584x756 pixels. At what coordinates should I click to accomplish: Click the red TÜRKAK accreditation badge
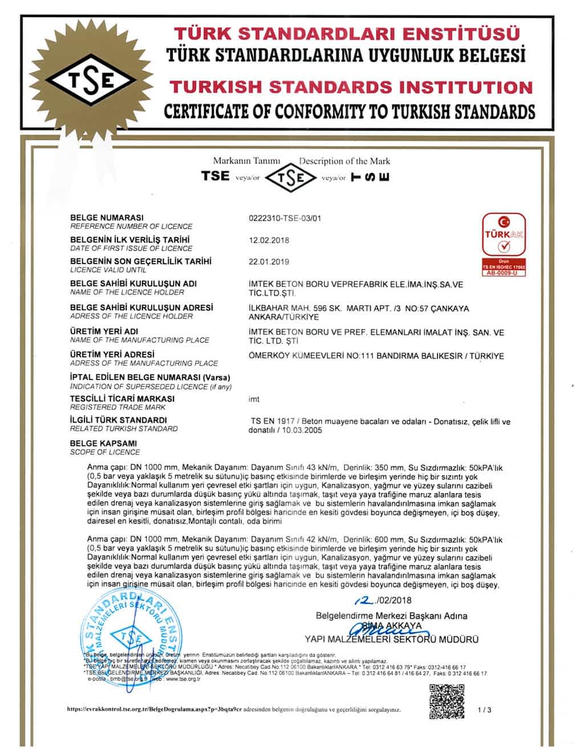pos(504,243)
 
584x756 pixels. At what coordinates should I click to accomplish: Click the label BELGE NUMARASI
pos(106,218)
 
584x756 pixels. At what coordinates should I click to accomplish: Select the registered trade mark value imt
pos(254,399)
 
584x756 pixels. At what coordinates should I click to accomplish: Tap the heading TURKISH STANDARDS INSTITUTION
pos(351,87)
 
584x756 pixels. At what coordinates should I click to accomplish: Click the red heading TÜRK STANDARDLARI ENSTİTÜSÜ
pos(347,34)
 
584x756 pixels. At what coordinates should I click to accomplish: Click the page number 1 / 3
pos(484,710)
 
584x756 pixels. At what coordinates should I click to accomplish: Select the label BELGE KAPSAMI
pos(103,443)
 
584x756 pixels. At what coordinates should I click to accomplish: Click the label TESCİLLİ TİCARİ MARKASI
pos(122,399)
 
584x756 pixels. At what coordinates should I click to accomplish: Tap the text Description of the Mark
pos(344,161)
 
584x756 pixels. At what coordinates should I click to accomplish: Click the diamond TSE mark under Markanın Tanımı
pos(291,177)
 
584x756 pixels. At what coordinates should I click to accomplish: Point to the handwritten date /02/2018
pos(382,600)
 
